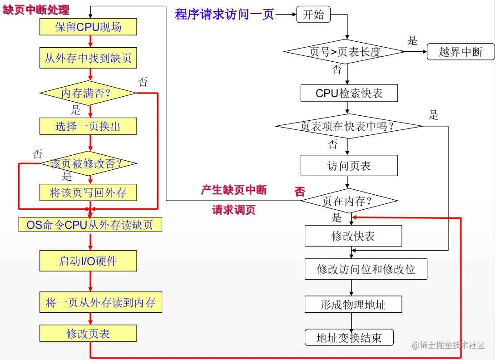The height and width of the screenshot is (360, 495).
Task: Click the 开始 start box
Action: click(313, 15)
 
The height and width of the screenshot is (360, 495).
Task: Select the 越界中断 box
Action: click(460, 52)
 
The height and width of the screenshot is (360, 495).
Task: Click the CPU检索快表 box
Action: click(349, 94)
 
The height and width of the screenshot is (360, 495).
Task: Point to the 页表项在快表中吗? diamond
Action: click(348, 126)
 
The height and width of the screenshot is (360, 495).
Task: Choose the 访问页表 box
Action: click(349, 166)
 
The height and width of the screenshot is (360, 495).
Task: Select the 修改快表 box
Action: click(353, 236)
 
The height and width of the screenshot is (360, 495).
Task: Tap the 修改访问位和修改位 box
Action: click(366, 269)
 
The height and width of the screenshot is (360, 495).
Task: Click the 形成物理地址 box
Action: click(353, 304)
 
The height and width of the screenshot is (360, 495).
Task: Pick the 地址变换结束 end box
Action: click(349, 338)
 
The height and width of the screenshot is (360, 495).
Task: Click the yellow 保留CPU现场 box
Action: click(88, 27)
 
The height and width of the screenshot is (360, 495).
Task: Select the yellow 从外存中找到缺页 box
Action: click(88, 59)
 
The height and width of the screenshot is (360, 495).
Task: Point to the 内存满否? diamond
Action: click(88, 94)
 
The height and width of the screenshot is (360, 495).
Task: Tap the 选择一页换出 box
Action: click(88, 126)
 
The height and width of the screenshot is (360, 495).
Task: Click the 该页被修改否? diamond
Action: click(88, 163)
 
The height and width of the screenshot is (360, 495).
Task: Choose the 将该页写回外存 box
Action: click(88, 192)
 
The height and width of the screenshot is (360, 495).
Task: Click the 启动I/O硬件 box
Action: click(88, 261)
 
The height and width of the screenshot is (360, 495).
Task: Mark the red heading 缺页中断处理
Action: click(36, 10)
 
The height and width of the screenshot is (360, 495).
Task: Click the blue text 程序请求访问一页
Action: click(224, 15)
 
